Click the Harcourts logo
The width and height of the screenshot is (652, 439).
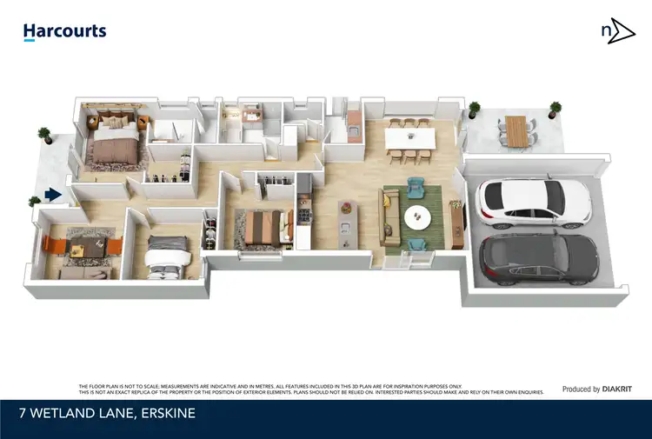(64, 31)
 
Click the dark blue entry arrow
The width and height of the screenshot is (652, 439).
(54, 195)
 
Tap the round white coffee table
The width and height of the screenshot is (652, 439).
(417, 216)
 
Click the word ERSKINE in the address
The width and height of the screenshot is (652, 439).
(164, 414)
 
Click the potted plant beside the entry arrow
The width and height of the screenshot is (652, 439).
(35, 203)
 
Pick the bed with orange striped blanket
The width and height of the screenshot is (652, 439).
(262, 229)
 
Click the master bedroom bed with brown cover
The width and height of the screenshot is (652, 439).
(112, 146)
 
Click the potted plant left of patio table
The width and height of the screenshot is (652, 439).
(474, 110)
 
